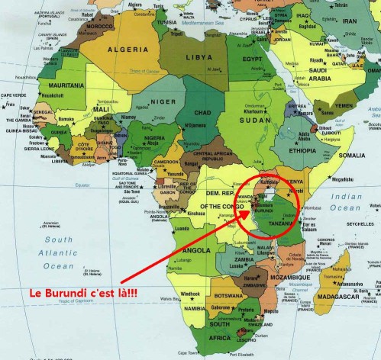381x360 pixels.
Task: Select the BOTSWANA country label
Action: (229, 295)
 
